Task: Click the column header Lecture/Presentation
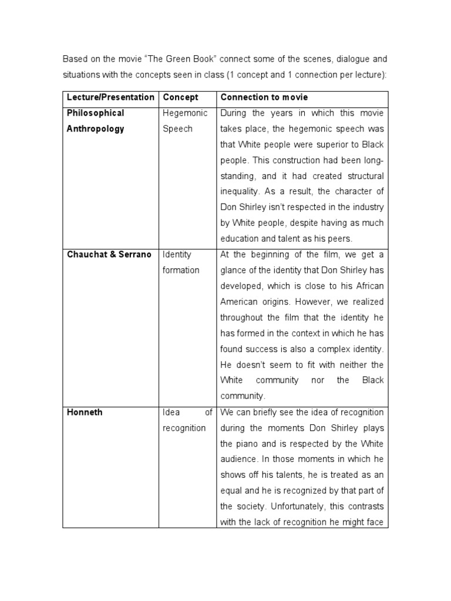coord(110,97)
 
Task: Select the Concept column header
coord(180,97)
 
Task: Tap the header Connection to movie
coord(264,97)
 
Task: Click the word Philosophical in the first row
coord(95,113)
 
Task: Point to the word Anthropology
coord(95,129)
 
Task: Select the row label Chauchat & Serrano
coord(109,255)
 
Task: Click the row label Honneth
coord(85,412)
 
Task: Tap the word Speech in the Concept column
coord(177,129)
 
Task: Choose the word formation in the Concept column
coord(181,270)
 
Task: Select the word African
coord(367,286)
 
